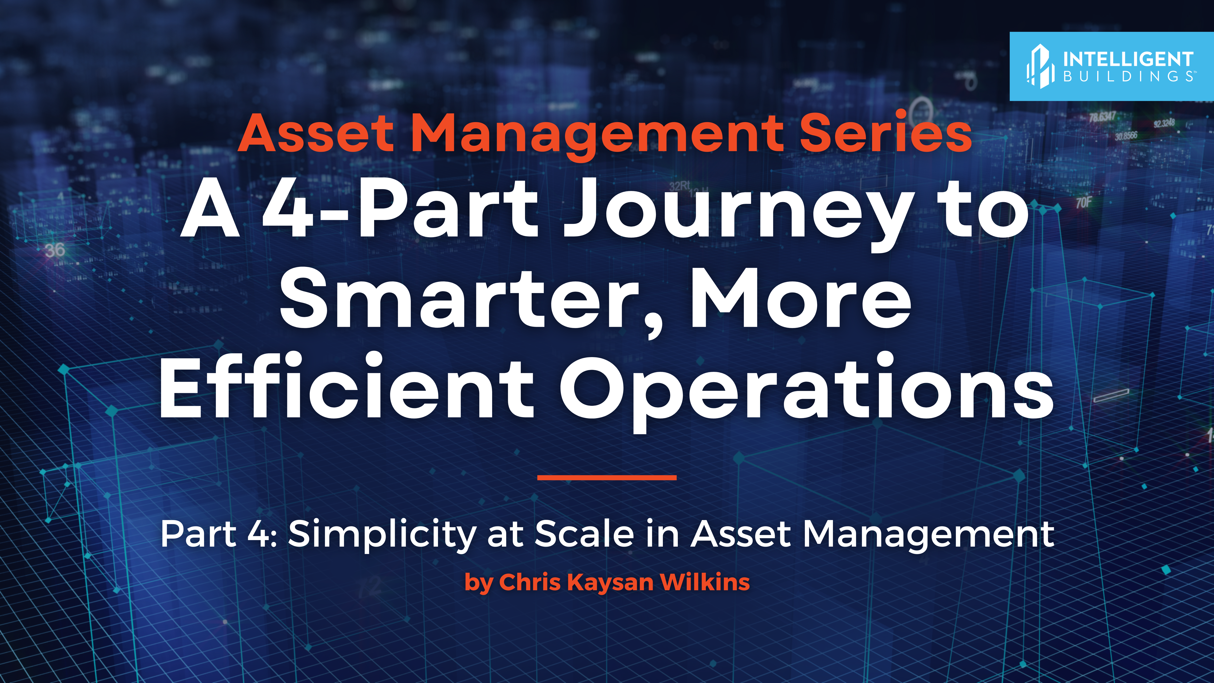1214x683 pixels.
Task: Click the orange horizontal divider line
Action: [607, 477]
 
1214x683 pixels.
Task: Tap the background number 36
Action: [55, 250]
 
